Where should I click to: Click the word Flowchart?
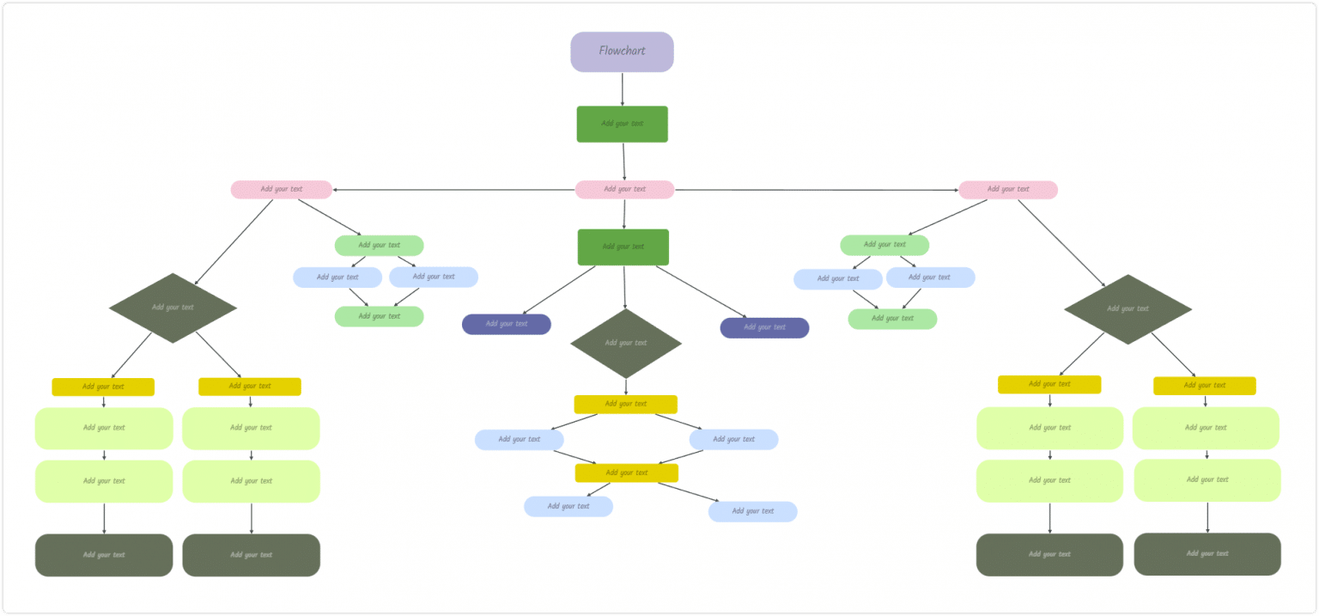pyautogui.click(x=622, y=51)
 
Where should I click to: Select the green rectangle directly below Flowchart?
pyautogui.click(x=622, y=124)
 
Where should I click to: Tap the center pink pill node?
pyautogui.click(x=624, y=189)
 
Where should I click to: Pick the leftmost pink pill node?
pyautogui.click(x=281, y=189)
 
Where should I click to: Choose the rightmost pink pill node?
pyautogui.click(x=1007, y=189)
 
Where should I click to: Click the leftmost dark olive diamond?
pyautogui.click(x=173, y=308)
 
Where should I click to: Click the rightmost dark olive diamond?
pyautogui.click(x=1128, y=309)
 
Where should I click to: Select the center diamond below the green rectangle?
pyautogui.click(x=626, y=343)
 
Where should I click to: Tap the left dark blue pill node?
pyautogui.click(x=506, y=324)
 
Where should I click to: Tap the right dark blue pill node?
pyautogui.click(x=764, y=327)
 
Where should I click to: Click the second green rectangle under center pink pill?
pyautogui.click(x=623, y=247)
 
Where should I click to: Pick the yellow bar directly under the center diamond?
pyautogui.click(x=625, y=404)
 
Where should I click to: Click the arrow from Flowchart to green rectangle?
pyautogui.click(x=622, y=88)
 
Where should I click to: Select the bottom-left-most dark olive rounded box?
pyautogui.click(x=104, y=555)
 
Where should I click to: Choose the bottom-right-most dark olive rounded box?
pyautogui.click(x=1207, y=554)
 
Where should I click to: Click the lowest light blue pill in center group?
pyautogui.click(x=752, y=511)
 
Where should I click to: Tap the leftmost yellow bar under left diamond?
pyautogui.click(x=103, y=387)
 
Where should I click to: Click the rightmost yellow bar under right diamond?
pyautogui.click(x=1204, y=386)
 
